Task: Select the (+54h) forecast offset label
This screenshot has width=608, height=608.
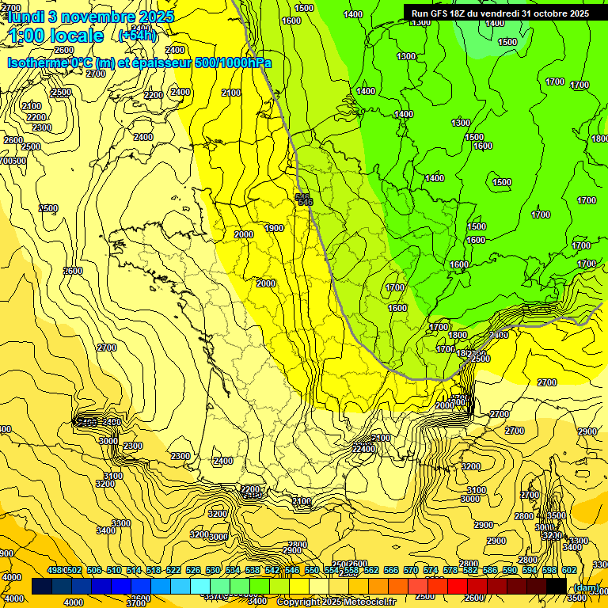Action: [x=137, y=35]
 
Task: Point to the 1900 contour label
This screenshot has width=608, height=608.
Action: [x=274, y=228]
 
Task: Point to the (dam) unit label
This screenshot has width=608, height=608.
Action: [x=586, y=587]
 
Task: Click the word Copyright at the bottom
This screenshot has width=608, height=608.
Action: [x=298, y=602]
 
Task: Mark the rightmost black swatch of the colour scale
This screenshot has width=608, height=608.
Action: [x=556, y=585]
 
